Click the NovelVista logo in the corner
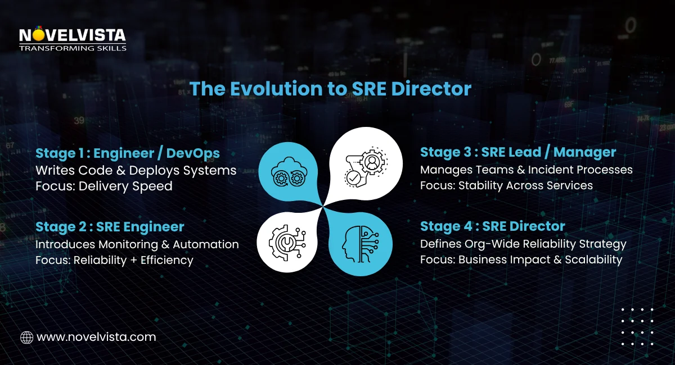tap(73, 39)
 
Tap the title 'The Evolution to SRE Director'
tap(330, 88)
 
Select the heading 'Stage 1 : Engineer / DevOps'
tap(128, 153)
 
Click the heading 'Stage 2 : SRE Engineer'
tap(110, 226)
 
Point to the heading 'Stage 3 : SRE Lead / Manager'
tap(518, 152)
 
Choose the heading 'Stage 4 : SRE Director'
tap(493, 226)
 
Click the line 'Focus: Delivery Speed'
tap(104, 186)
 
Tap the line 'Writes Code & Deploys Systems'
tap(136, 170)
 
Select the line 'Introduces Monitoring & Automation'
tap(137, 244)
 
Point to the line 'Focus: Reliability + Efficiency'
tap(114, 260)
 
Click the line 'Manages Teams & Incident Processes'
tap(526, 170)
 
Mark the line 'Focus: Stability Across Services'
tap(506, 185)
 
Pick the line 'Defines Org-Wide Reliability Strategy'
tap(523, 244)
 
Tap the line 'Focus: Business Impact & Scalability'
tap(521, 260)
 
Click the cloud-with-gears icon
tap(287, 170)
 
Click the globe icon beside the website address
tap(26, 337)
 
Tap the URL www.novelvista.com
tap(96, 337)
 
